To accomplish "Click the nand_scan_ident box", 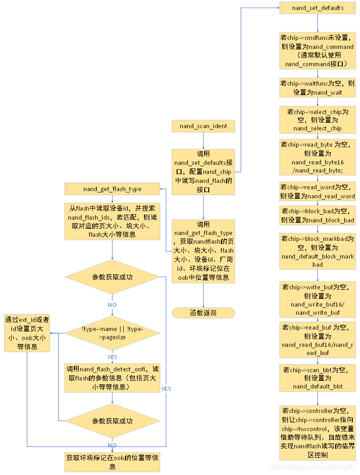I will pyautogui.click(x=203, y=126).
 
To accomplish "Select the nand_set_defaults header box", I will pyautogui.click(x=317, y=8).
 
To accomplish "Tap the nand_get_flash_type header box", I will pyautogui.click(x=112, y=189).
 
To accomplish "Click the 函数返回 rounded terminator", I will pyautogui.click(x=203, y=312).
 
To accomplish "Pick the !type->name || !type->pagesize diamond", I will pyautogui.click(x=112, y=333).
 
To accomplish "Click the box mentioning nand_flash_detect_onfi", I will pyautogui.click(x=112, y=378).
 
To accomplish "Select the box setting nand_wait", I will pyautogui.click(x=317, y=88).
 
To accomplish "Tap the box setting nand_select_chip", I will pyautogui.click(x=317, y=120).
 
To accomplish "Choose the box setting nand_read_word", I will pyautogui.click(x=317, y=192).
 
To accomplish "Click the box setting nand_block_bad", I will pyautogui.click(x=317, y=216).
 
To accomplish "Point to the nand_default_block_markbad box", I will pyautogui.click(x=317, y=252).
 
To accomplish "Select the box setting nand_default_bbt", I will pyautogui.click(x=317, y=378).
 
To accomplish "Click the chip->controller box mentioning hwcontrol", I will pyautogui.click(x=317, y=432).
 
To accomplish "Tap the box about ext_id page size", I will pyautogui.click(x=27, y=333).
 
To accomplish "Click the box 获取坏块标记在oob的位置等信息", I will pyautogui.click(x=112, y=462).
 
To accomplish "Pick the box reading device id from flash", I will pyautogui.click(x=112, y=221).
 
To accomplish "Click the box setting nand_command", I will pyautogui.click(x=317, y=51).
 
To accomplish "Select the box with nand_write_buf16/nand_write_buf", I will pyautogui.click(x=317, y=299).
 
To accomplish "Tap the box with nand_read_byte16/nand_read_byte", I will pyautogui.click(x=317, y=157).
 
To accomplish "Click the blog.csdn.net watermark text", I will pyautogui.click(x=312, y=466).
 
